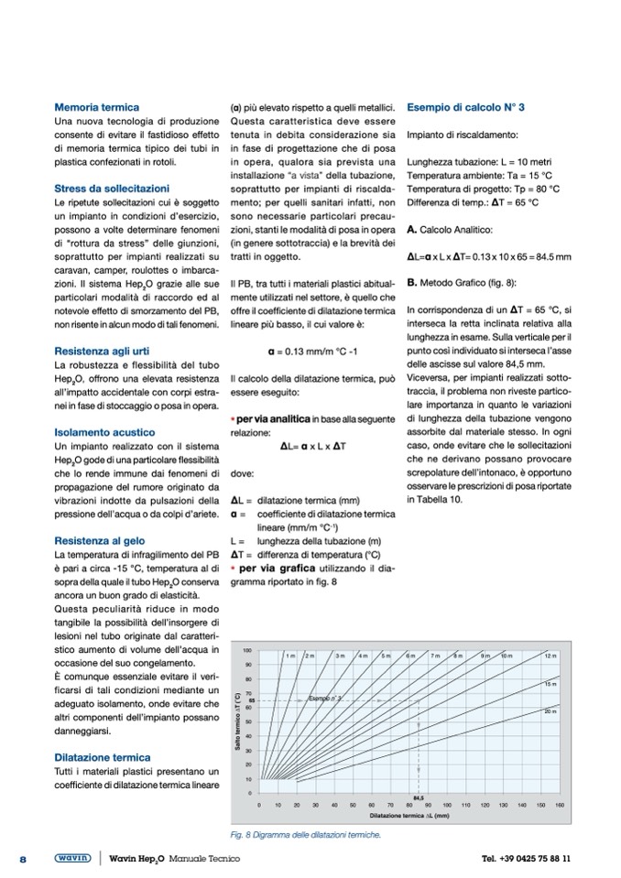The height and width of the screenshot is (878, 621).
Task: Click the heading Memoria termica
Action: [97, 107]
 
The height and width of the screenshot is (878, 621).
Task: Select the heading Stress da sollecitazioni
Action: [112, 188]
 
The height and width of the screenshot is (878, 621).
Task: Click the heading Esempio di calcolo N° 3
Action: [465, 107]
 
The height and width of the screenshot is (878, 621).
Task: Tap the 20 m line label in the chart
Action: [550, 710]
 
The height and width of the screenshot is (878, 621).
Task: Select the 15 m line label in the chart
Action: [550, 684]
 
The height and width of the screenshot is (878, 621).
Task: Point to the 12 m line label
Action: [550, 656]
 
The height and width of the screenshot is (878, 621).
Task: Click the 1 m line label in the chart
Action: [289, 656]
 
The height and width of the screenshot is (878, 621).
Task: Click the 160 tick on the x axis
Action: [560, 805]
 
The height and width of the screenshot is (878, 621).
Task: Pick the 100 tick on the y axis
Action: [249, 649]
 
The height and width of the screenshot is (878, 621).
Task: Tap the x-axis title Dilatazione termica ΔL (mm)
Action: [410, 814]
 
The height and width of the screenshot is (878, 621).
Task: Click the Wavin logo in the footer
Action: [72, 859]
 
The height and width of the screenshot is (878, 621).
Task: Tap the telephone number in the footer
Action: [526, 859]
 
